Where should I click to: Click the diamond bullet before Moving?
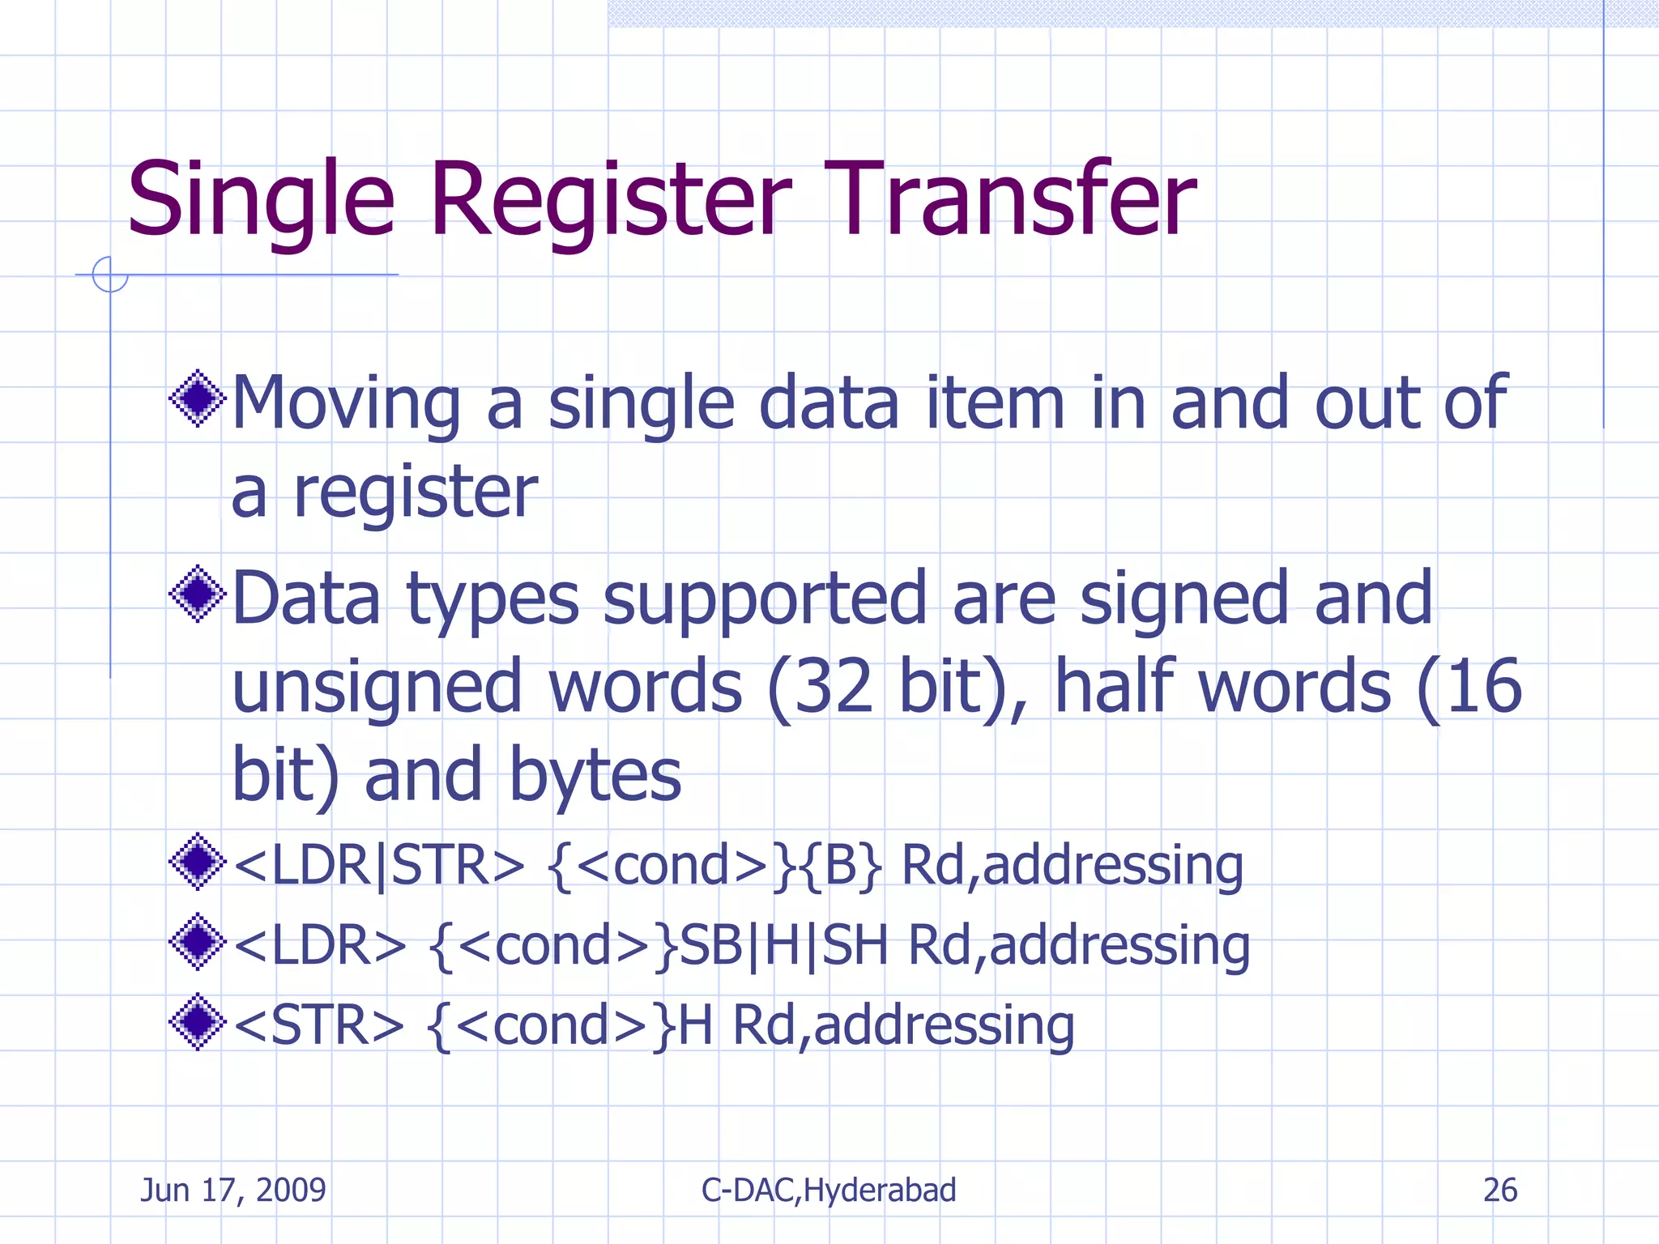[197, 398]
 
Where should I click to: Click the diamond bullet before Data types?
[197, 594]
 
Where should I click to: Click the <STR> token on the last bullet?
[318, 1025]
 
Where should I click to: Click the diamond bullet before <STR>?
[197, 1022]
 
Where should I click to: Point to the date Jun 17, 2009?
[233, 1190]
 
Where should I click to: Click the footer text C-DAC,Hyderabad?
[829, 1190]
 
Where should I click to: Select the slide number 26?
[1499, 1190]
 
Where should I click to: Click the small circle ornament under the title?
[110, 275]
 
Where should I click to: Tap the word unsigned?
[376, 688]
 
